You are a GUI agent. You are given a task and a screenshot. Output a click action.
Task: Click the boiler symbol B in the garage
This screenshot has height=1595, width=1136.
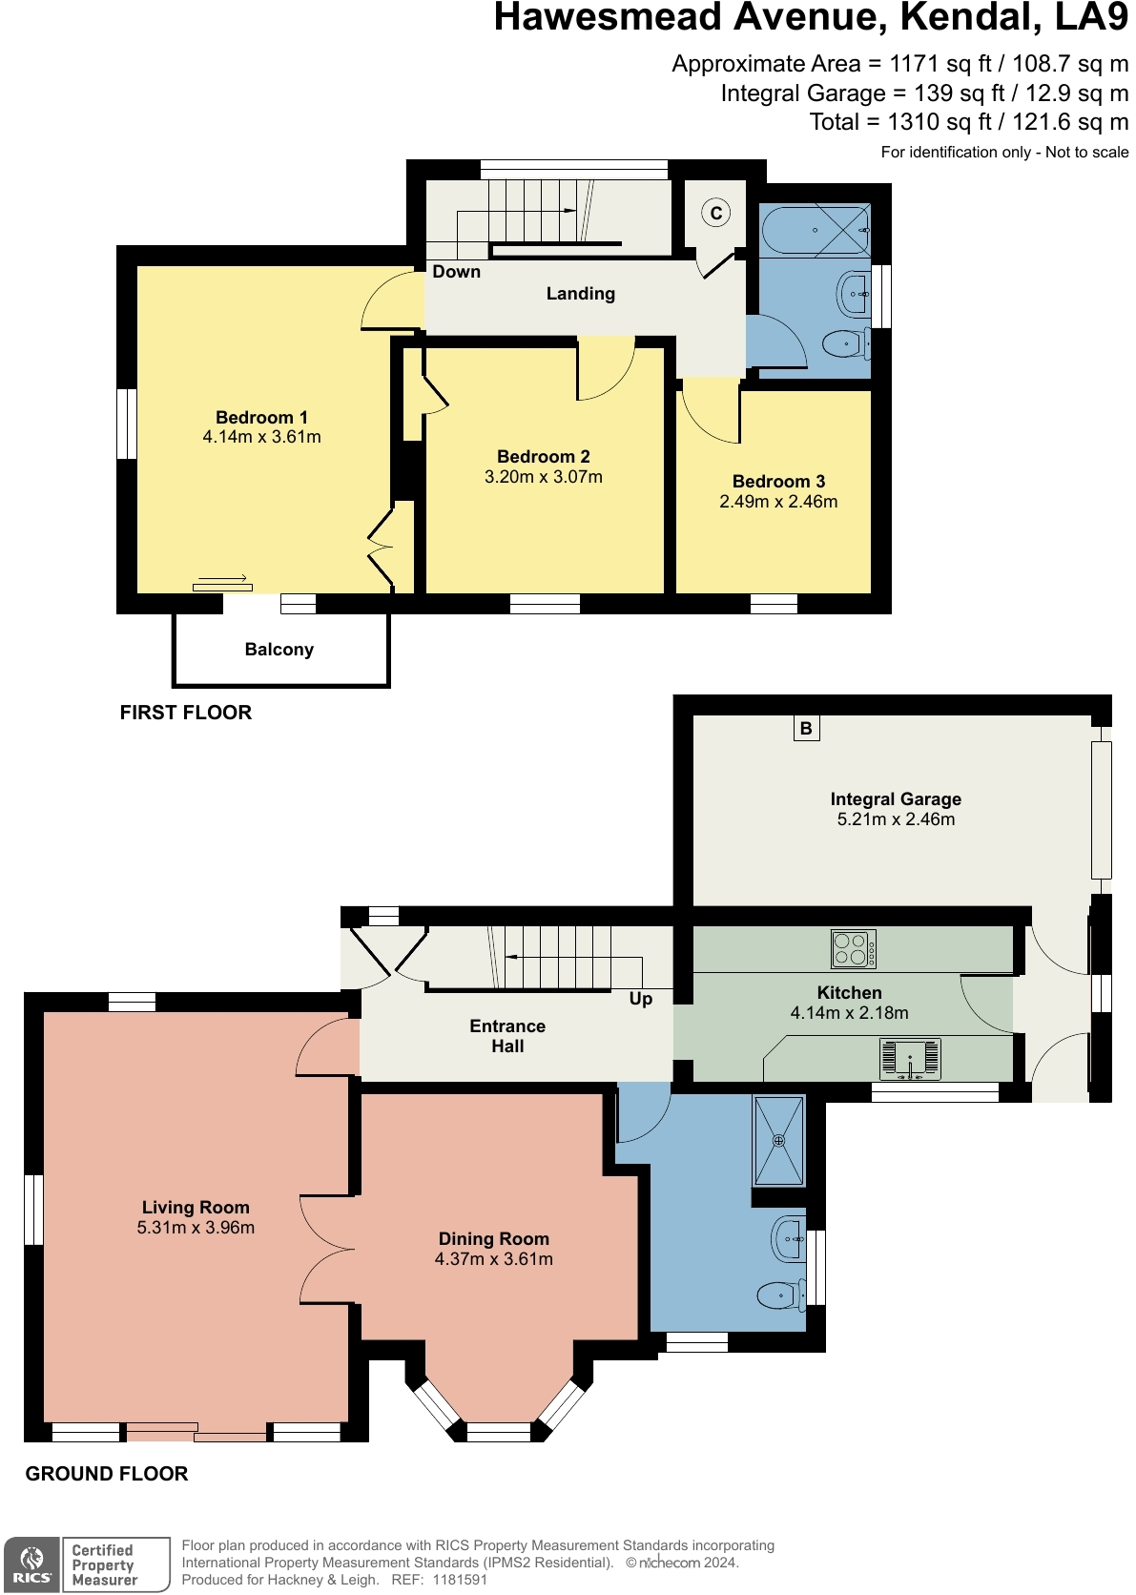point(806,729)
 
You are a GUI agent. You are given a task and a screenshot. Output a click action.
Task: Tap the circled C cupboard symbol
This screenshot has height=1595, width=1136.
point(715,214)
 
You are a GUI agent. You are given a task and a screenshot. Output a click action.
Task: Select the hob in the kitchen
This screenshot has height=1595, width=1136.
point(854,949)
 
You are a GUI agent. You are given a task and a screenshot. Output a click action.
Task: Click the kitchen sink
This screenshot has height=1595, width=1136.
point(910,1059)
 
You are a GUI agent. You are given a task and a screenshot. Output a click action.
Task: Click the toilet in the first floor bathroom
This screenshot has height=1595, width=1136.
point(845,343)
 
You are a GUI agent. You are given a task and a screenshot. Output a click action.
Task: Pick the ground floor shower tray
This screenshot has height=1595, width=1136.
point(779,1140)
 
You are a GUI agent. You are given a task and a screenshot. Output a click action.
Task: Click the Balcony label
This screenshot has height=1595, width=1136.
point(279,650)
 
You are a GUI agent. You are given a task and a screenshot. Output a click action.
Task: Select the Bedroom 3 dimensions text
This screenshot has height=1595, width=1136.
point(778,502)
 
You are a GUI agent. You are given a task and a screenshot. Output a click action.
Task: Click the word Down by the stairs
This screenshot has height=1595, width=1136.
point(456,272)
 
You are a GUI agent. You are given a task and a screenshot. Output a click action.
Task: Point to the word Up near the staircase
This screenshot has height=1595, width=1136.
point(641,999)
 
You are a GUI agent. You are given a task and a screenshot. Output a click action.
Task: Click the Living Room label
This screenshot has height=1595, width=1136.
point(196,1208)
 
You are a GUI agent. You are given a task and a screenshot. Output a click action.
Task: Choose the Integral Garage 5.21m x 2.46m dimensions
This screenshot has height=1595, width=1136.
point(896,819)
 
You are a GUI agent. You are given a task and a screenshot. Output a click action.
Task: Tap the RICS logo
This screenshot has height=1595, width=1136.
point(31,1564)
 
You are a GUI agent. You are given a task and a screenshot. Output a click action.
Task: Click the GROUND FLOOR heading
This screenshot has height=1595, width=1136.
point(107,1474)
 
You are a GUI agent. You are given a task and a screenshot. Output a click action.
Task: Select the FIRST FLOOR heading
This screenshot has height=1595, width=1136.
point(186,713)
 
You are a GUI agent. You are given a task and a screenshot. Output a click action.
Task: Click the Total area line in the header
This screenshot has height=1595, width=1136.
point(968,122)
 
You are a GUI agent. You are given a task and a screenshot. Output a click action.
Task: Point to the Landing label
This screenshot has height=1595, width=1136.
point(580,294)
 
